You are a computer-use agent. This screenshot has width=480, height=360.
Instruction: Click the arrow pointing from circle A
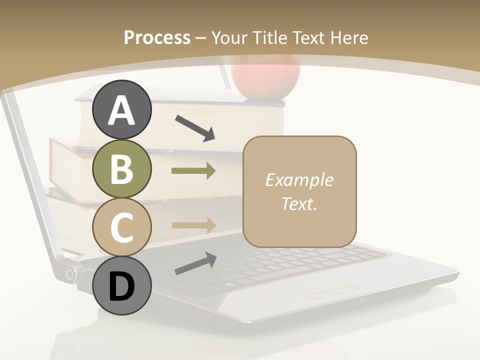tap(195, 127)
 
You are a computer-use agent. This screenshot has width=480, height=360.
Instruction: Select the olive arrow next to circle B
tap(193, 171)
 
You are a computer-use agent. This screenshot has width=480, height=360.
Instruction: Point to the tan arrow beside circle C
tap(193, 224)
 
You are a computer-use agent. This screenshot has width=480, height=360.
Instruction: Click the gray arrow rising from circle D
tap(195, 263)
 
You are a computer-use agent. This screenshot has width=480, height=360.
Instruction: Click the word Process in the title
tap(157, 38)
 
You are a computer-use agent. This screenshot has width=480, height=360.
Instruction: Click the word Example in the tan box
tap(299, 180)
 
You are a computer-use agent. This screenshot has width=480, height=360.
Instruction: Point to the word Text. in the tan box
tap(299, 203)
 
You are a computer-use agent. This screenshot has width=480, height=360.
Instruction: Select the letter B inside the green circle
tap(121, 169)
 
